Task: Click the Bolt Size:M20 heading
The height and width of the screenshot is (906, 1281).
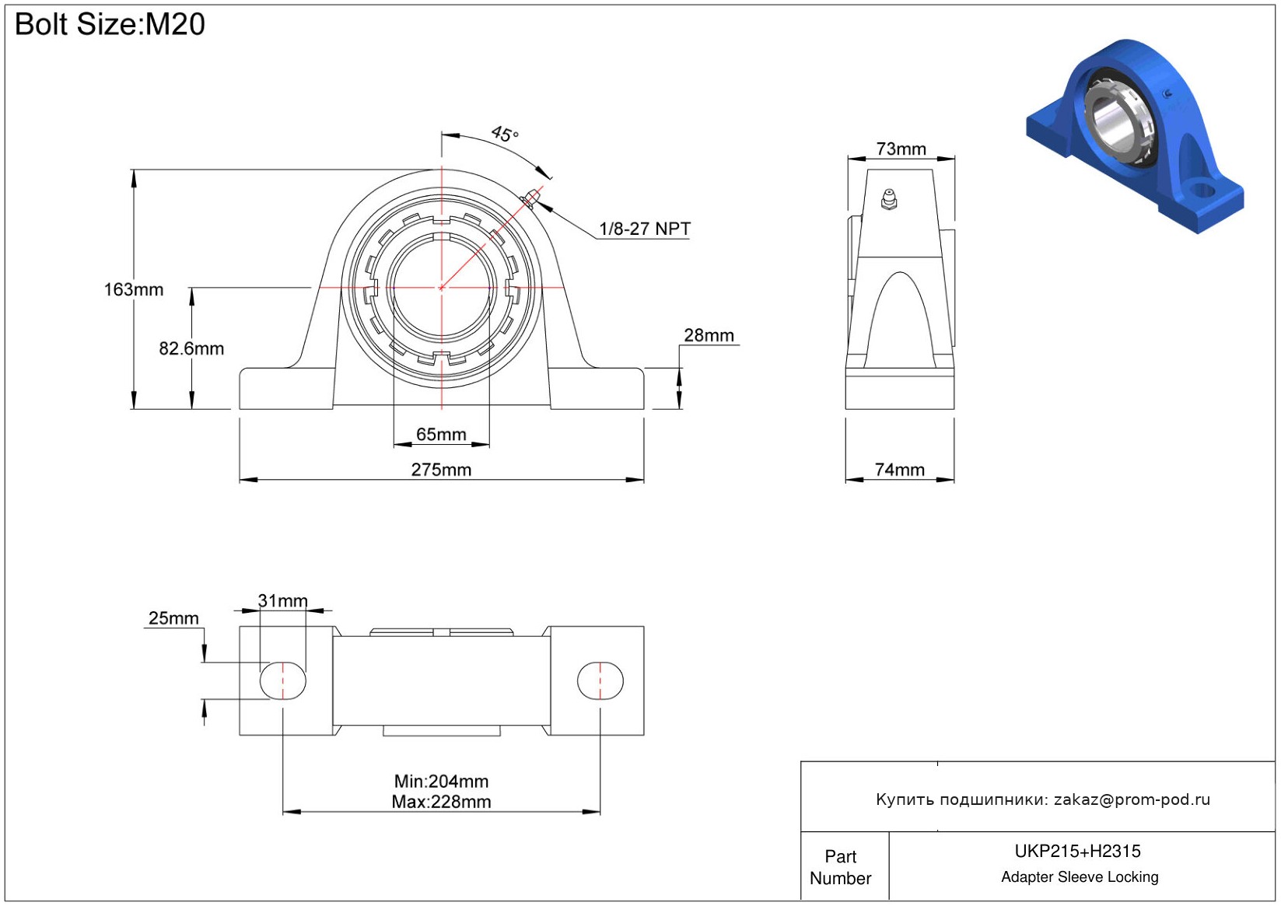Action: pos(110,24)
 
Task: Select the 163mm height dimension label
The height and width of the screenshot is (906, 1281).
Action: pos(134,289)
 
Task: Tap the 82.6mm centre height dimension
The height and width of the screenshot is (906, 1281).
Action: pos(191,348)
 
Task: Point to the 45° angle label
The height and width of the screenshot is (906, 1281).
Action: pos(505,134)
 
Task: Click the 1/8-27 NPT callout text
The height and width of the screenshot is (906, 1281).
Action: pos(644,229)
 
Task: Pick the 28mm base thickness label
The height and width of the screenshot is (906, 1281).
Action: pos(709,335)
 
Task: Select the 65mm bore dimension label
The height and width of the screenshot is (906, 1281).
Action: pos(441,434)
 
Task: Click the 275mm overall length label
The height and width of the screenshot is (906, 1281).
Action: pos(441,470)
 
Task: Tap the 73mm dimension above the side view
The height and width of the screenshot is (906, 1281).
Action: pos(901,149)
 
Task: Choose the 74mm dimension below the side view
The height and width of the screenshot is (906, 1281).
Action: pos(899,470)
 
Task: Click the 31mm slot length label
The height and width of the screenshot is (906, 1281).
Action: pos(282,601)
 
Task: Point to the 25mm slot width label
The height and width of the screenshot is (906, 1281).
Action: pos(173,618)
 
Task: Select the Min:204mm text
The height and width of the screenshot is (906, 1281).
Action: pos(441,781)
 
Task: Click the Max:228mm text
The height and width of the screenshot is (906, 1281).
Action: pos(441,802)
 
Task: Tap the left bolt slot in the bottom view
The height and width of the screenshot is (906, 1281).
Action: pos(282,680)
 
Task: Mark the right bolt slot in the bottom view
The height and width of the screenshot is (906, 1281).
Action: pos(600,680)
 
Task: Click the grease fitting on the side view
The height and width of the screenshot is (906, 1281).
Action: pos(889,199)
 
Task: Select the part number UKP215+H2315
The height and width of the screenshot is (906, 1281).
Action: pos(1077,851)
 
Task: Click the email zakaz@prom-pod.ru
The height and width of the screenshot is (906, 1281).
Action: pos(1132,799)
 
